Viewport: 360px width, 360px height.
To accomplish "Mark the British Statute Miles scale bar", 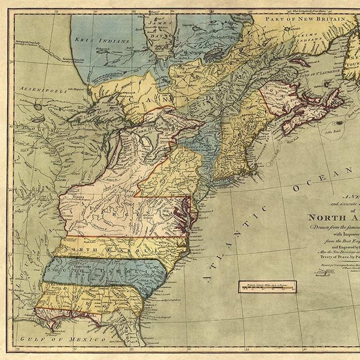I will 267,287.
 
